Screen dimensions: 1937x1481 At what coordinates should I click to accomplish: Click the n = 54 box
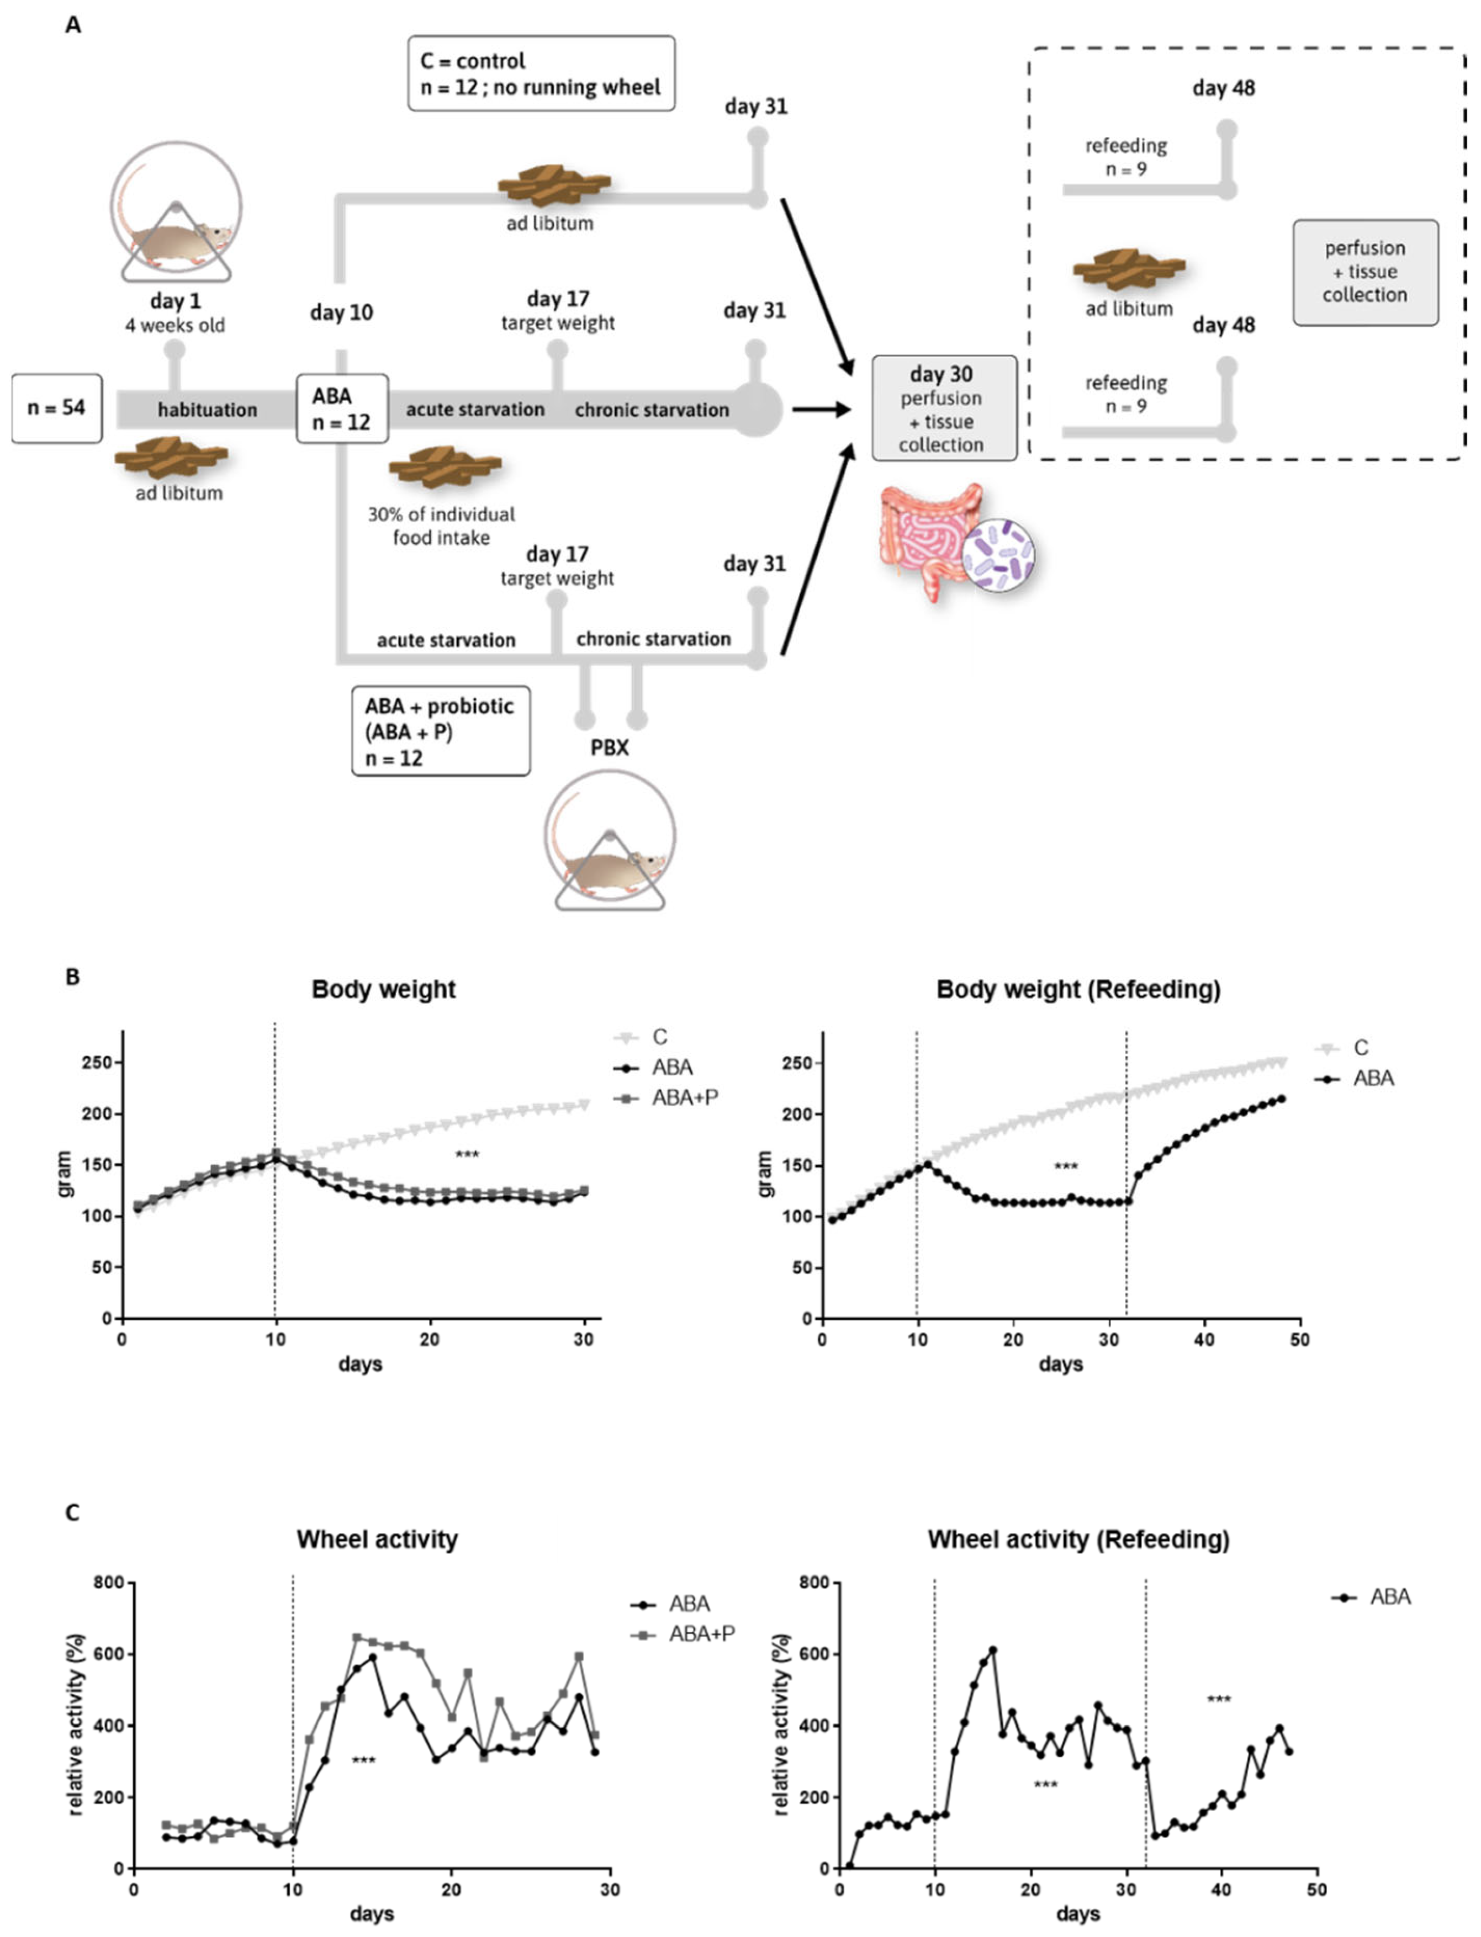point(56,408)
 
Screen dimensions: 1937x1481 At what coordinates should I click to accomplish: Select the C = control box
point(541,74)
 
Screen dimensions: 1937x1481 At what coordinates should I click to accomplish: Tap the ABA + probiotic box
point(440,731)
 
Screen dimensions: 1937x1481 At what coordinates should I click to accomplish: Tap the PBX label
point(609,748)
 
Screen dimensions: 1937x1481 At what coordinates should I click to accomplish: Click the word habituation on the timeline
point(207,410)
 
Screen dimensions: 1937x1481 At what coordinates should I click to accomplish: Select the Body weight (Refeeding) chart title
point(1077,990)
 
